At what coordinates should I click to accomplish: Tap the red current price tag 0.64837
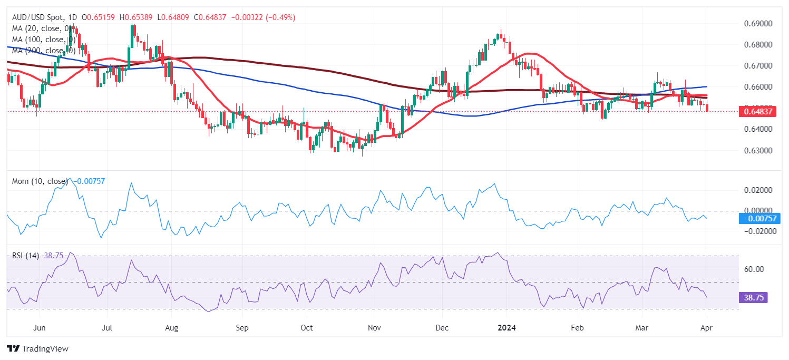click(x=757, y=111)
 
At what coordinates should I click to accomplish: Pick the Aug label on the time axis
click(x=171, y=328)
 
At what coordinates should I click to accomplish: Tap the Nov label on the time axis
click(x=374, y=328)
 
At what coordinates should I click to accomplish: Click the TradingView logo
click(x=37, y=348)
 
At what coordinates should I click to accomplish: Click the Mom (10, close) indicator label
click(x=40, y=181)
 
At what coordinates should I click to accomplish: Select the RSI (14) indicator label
click(x=26, y=255)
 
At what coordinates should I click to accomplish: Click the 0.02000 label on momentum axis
click(x=757, y=190)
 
